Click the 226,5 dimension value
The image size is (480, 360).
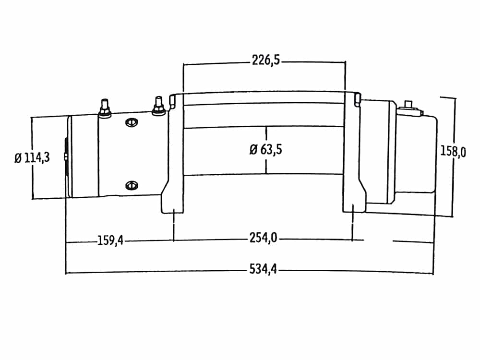tap(266, 60)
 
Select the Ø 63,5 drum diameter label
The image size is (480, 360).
tap(266, 150)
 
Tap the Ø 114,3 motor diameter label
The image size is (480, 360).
tap(32, 158)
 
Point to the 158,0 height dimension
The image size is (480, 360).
tap(453, 151)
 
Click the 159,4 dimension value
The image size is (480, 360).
tap(110, 240)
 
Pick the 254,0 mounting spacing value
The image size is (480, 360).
tap(263, 238)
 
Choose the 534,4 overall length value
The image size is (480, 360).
tap(263, 269)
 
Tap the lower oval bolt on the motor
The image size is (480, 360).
tap(132, 185)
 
